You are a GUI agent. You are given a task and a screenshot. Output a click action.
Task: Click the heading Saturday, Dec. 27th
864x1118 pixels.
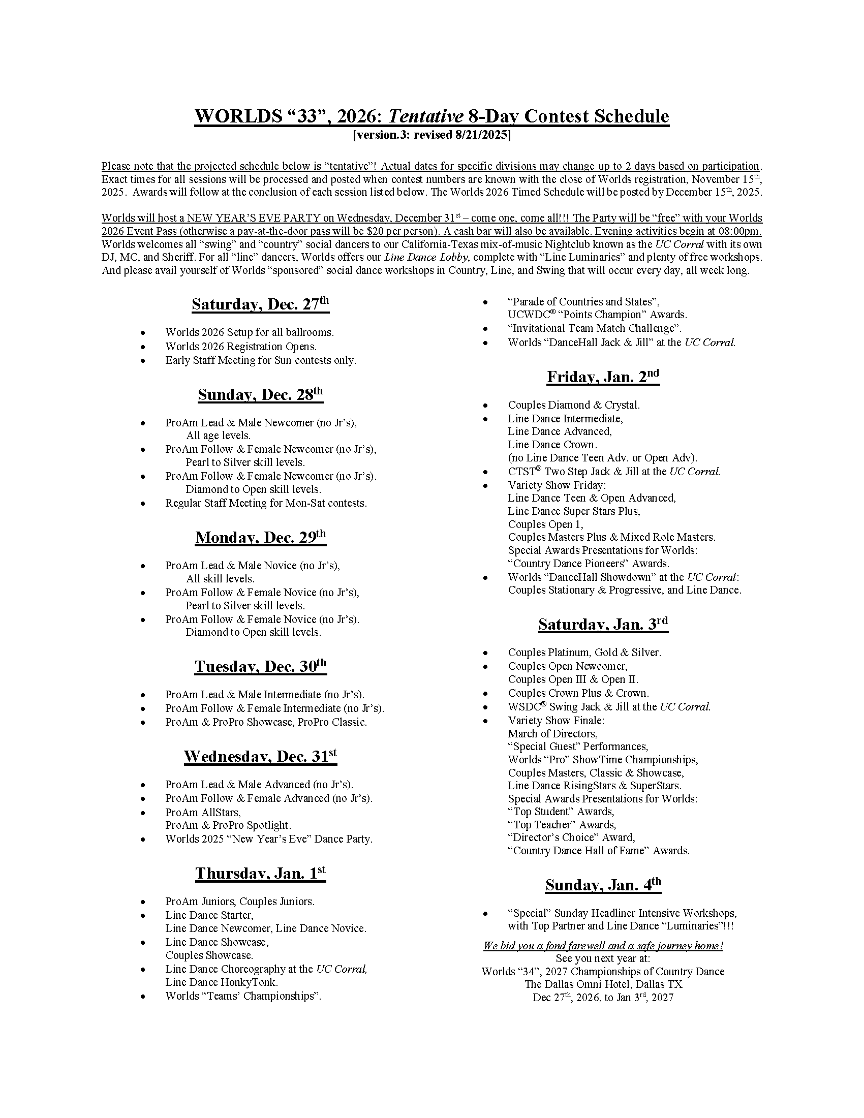coord(260,304)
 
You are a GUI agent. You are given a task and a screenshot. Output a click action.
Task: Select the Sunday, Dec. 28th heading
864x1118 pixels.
coord(260,395)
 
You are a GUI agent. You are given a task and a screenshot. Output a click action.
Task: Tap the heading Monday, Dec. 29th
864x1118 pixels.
coord(260,538)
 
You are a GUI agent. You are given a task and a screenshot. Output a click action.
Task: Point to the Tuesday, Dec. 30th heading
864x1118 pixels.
coord(260,667)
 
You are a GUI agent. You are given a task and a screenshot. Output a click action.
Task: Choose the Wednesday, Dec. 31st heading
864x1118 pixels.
coord(260,757)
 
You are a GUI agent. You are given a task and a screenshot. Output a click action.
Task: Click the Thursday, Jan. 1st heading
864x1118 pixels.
coord(260,873)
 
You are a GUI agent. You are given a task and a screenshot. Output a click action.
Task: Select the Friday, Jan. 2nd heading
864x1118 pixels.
coord(603,377)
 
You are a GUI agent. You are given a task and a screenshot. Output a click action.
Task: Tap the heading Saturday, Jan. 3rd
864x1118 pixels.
coord(603,625)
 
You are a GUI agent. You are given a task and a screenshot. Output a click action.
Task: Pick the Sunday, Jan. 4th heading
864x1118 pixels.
coord(603,885)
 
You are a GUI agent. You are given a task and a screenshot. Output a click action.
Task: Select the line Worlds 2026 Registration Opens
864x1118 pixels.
coord(240,347)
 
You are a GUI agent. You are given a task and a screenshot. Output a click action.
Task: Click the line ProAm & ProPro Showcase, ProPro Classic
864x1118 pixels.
coord(266,722)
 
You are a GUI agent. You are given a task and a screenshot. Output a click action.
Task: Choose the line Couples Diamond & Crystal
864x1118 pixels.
coord(574,405)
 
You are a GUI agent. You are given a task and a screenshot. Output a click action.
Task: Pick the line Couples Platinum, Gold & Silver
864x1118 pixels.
coord(584,653)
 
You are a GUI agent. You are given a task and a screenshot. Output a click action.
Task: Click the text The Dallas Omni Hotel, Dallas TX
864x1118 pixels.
coord(603,984)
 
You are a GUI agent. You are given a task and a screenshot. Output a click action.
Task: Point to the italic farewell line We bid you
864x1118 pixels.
coord(603,946)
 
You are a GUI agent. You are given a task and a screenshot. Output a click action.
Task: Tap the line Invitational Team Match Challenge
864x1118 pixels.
coord(594,328)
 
